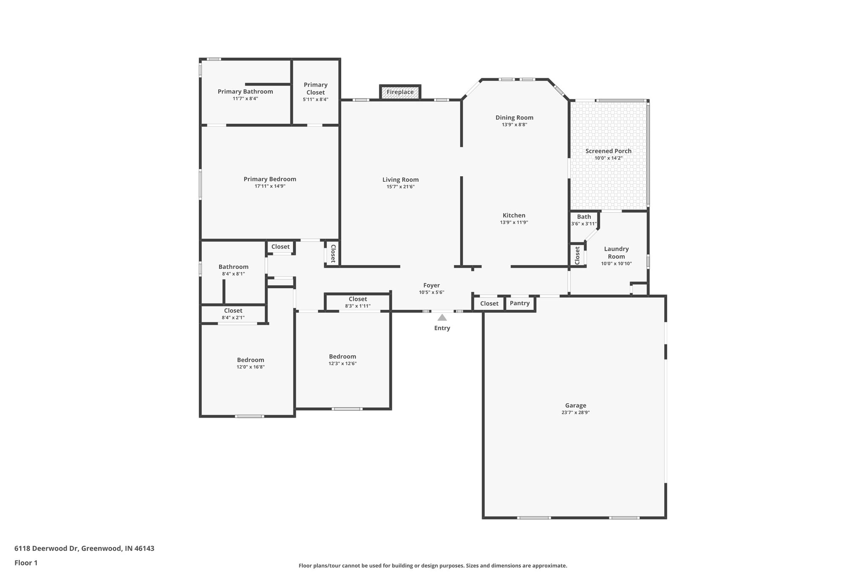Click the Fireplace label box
point(400,92)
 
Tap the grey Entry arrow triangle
point(442,317)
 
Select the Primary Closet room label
point(315,88)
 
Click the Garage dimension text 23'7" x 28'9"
point(576,413)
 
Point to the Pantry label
point(520,303)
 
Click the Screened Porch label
point(608,151)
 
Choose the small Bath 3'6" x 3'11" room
point(584,220)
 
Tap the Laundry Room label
point(616,253)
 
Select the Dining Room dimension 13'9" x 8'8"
point(514,125)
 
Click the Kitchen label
point(514,216)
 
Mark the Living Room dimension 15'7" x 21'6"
point(400,186)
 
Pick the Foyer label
point(431,285)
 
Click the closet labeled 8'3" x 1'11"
point(358,302)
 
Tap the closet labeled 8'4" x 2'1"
point(233,314)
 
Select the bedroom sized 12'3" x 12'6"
point(343,360)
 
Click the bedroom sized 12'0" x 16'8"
point(250,363)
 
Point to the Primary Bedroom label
point(270,179)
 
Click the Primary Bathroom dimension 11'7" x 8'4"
point(245,98)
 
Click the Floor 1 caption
point(26,563)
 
